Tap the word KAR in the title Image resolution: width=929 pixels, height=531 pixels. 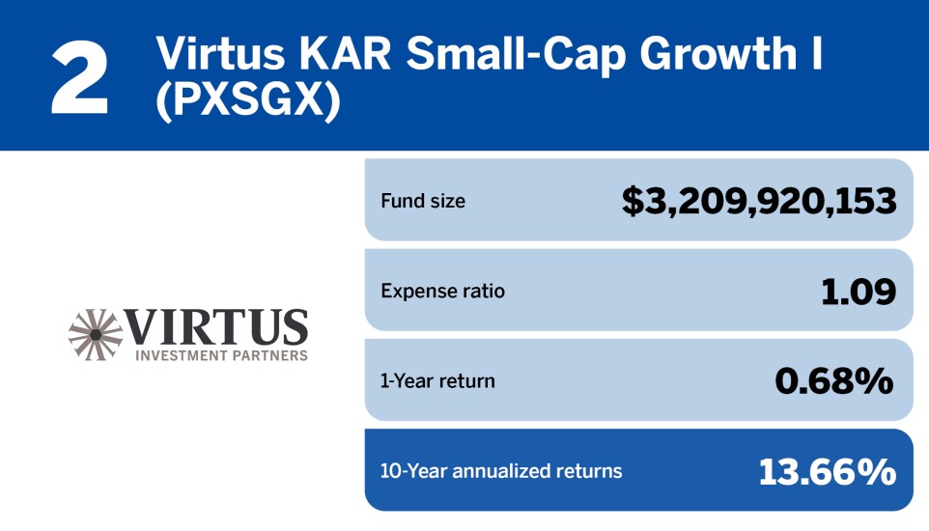336,54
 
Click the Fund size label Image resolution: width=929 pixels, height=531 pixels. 423,202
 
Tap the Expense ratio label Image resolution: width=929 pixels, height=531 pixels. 443,291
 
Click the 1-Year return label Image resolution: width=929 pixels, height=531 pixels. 437,380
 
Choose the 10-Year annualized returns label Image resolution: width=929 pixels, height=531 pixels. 501,471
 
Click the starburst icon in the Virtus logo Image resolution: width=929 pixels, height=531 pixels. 95,332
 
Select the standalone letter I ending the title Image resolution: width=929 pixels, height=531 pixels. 816,54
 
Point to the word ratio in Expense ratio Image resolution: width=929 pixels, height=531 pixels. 482,291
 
